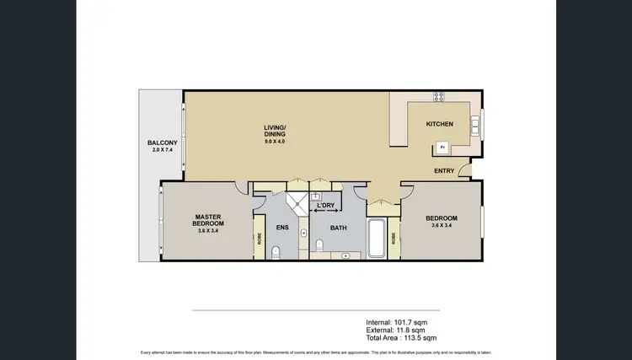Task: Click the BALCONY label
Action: [x=161, y=143]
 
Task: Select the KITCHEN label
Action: [x=439, y=124]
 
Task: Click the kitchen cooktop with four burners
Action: [x=438, y=96]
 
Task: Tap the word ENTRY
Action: [x=444, y=171]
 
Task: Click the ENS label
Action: [x=283, y=228]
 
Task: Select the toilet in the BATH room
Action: [x=319, y=245]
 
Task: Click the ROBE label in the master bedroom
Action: [x=259, y=239]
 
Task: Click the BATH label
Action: [x=339, y=228]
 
